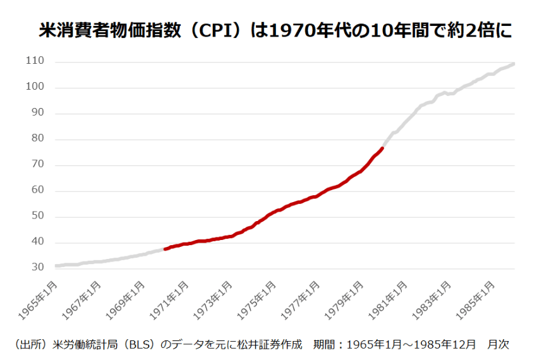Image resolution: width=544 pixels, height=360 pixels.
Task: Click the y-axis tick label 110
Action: coord(35,61)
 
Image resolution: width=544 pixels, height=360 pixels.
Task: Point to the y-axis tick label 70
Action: coord(38,164)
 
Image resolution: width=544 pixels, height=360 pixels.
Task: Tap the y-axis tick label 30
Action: coord(38,267)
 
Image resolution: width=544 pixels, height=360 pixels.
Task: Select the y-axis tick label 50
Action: coord(38,216)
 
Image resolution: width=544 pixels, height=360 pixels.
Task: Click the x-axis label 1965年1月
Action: coord(37,301)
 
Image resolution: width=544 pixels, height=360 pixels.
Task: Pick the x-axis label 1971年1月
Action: coord(169,301)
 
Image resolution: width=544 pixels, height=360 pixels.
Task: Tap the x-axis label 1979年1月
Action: coord(344,301)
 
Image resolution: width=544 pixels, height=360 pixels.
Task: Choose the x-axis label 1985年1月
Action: coord(475,301)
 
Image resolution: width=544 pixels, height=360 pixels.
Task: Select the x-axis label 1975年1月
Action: coord(257,301)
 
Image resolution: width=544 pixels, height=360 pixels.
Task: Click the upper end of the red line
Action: coord(382,148)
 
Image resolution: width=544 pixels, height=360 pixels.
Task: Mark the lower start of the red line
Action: coord(165,249)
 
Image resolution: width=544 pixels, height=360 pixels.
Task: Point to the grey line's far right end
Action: coord(514,63)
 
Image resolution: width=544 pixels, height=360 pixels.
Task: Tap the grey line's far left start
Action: coord(56,266)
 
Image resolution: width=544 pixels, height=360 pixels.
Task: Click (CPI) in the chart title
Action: coord(215,30)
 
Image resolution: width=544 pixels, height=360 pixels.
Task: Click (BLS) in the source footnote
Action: coord(140,344)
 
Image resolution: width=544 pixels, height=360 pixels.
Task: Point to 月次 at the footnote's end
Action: coord(499,344)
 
